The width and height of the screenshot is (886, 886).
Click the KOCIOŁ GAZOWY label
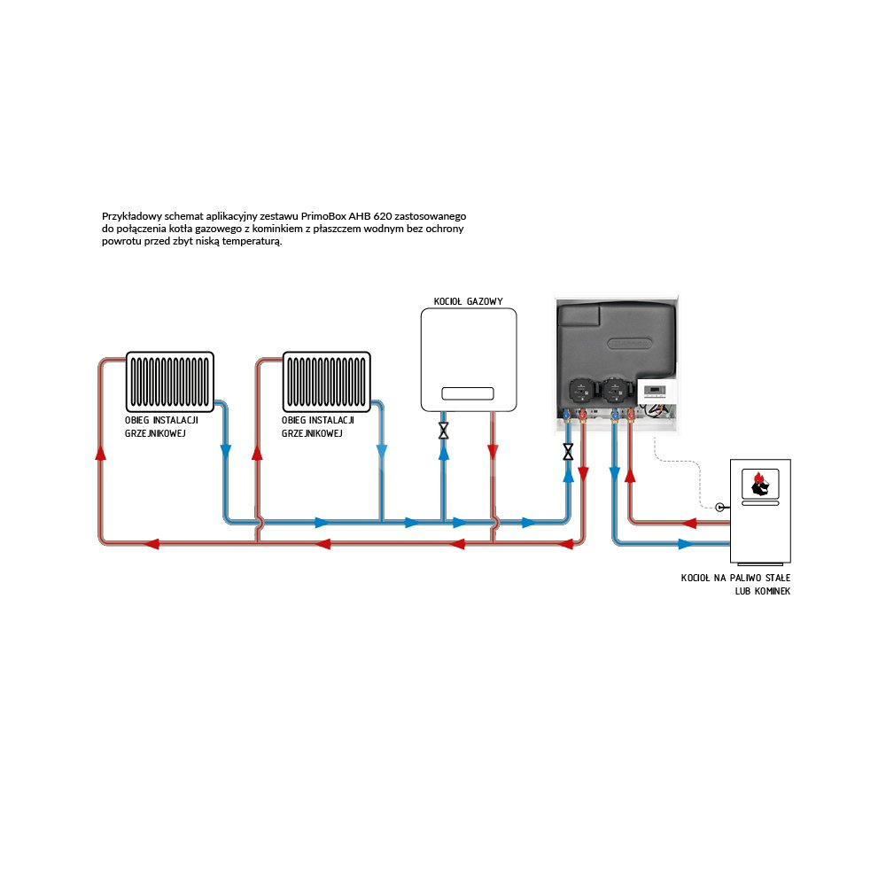468,302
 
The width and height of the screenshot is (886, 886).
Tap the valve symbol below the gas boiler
444,431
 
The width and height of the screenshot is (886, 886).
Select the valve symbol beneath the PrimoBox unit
568,452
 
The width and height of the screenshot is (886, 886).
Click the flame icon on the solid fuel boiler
758,482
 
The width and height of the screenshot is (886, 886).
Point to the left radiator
170,382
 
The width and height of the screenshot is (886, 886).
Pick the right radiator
326,382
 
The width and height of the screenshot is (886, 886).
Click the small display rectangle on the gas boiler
469,392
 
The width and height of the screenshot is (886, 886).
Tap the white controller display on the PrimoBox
655,391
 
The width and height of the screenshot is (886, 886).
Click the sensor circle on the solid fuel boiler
719,508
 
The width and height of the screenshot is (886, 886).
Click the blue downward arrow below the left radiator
225,451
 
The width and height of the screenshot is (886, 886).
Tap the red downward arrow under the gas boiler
493,452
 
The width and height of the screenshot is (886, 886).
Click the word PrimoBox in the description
323,215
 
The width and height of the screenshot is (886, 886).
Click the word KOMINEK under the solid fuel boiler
768,590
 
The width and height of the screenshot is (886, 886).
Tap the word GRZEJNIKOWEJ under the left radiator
156,433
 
